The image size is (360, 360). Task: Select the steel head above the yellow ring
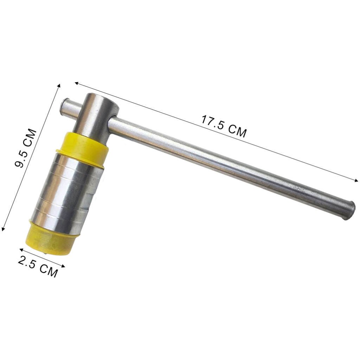97,114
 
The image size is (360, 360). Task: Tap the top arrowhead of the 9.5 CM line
59,85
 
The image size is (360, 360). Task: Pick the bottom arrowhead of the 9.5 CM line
4,229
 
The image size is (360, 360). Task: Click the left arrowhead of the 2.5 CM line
21,250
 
